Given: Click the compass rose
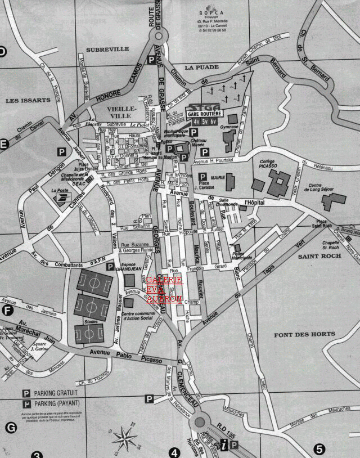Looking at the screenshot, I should click(x=125, y=435).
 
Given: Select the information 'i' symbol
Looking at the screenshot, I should click(x=224, y=445).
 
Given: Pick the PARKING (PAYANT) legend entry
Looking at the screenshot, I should click(x=57, y=404).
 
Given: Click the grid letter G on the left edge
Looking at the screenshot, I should click(x=10, y=428).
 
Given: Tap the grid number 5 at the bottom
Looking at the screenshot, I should click(x=319, y=449).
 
